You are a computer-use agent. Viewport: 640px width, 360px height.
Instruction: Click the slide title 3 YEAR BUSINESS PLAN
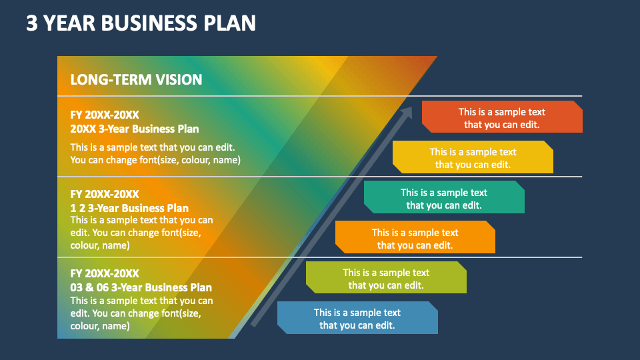click(141, 23)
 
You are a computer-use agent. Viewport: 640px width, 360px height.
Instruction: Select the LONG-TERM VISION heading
click(136, 80)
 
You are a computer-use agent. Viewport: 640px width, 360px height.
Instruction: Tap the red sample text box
click(502, 117)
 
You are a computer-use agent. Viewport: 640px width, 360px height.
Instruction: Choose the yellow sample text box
click(473, 157)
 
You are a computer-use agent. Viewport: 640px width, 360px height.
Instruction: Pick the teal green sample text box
click(444, 198)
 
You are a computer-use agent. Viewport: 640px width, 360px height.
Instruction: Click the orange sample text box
click(415, 238)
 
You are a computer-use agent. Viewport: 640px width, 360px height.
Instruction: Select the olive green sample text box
click(386, 278)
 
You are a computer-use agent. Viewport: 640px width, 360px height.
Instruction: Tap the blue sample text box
click(357, 318)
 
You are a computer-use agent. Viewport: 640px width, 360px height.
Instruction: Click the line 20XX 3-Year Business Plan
click(135, 129)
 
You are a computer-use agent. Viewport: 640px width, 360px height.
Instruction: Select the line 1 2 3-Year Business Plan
click(129, 208)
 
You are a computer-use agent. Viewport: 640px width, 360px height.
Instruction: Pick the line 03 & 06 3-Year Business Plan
click(141, 287)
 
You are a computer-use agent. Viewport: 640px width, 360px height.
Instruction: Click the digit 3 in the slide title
click(31, 23)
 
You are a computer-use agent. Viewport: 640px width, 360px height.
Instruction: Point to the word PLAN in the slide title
click(230, 23)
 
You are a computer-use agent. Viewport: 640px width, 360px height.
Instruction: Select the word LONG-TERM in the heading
click(111, 80)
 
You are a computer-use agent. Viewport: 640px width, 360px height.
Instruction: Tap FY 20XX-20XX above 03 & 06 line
click(105, 273)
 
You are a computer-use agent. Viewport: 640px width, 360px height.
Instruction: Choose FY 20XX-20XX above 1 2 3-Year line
click(105, 194)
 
